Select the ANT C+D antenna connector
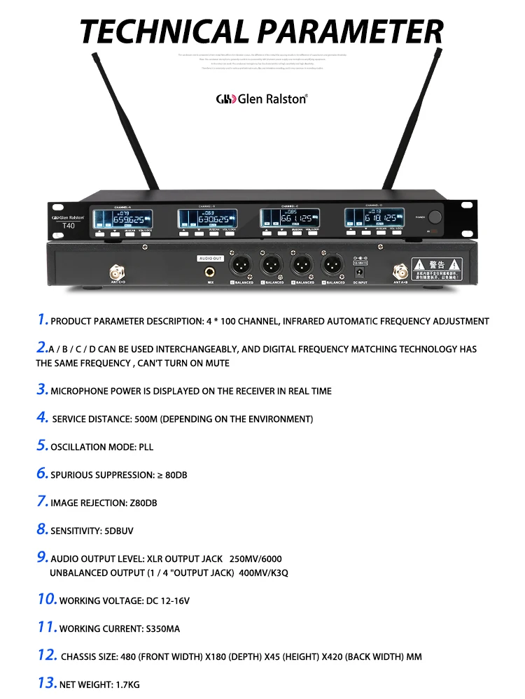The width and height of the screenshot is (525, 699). (113, 271)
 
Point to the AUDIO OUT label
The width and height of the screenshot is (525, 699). (210, 258)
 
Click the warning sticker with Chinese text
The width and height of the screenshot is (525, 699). (437, 268)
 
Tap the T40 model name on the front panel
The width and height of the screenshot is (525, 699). (69, 226)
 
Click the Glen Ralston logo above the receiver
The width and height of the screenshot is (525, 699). (262, 99)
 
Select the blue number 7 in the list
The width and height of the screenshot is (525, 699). (42, 502)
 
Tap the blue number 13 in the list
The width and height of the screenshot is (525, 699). (46, 684)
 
